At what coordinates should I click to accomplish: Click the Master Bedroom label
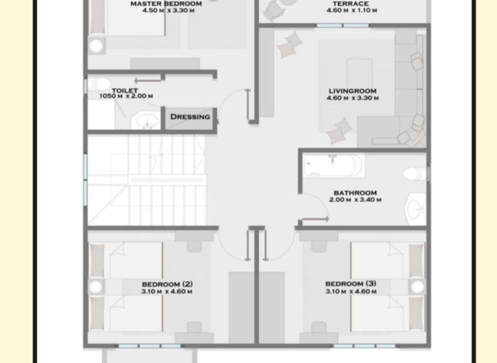coord(166,4)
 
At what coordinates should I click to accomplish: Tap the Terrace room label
coord(351,4)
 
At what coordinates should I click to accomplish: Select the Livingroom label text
coord(352,91)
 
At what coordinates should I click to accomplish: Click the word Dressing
coord(190,117)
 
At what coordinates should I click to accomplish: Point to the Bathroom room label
coord(355,193)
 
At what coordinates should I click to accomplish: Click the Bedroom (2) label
coord(167,284)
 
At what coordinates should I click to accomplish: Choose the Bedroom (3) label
coord(351,283)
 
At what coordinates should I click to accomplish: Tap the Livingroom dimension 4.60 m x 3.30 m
coord(352,98)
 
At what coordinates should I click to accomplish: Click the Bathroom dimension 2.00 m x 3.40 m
coord(355,200)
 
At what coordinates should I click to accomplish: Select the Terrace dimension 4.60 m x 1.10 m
coord(352,11)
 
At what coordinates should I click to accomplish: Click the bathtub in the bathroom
coord(333,165)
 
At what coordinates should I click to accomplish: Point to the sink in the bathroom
coord(416,209)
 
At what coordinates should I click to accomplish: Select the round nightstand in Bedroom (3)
coord(417,287)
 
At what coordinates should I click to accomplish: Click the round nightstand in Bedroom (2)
coord(96,287)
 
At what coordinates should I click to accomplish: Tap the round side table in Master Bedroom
coord(96,46)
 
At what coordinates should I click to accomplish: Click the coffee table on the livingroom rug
coord(359,73)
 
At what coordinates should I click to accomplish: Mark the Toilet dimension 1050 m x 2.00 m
coord(126,96)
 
